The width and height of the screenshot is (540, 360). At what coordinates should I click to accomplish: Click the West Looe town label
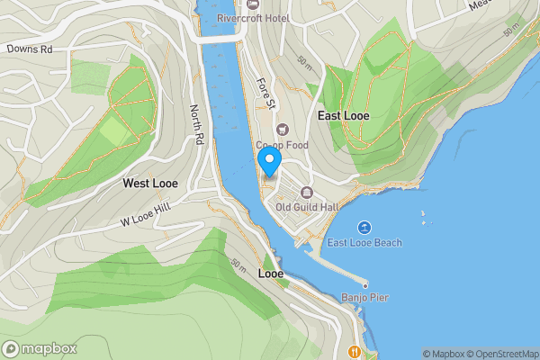[x=149, y=183]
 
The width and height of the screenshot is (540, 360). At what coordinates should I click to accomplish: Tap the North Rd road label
[x=197, y=125]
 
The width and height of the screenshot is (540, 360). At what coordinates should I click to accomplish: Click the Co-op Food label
[x=282, y=144]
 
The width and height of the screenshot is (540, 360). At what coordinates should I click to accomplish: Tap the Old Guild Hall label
[x=306, y=206]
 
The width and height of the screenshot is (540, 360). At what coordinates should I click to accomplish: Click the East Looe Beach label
[x=364, y=242]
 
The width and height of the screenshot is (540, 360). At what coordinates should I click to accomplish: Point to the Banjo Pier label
[x=364, y=297]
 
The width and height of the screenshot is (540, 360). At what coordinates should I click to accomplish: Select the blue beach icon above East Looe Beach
[x=364, y=227]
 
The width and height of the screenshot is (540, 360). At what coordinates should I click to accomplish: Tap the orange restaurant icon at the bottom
[x=355, y=350]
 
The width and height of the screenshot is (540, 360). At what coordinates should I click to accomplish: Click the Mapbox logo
[x=39, y=349]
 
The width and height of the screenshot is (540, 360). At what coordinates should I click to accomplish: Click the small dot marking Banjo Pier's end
[x=365, y=285]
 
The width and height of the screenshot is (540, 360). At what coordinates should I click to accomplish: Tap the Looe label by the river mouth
[x=271, y=273]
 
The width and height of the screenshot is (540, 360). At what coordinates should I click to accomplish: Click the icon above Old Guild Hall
[x=306, y=192]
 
